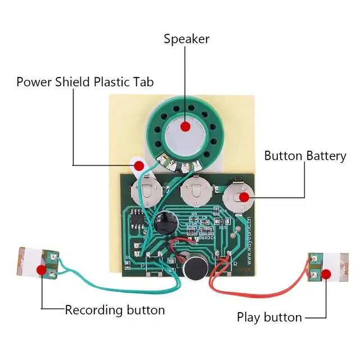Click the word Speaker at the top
click(186, 39)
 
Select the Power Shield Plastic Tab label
click(85, 82)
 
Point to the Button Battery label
click(305, 156)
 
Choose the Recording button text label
click(115, 310)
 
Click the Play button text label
click(269, 317)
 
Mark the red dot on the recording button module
click(41, 269)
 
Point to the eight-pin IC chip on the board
click(138, 217)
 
